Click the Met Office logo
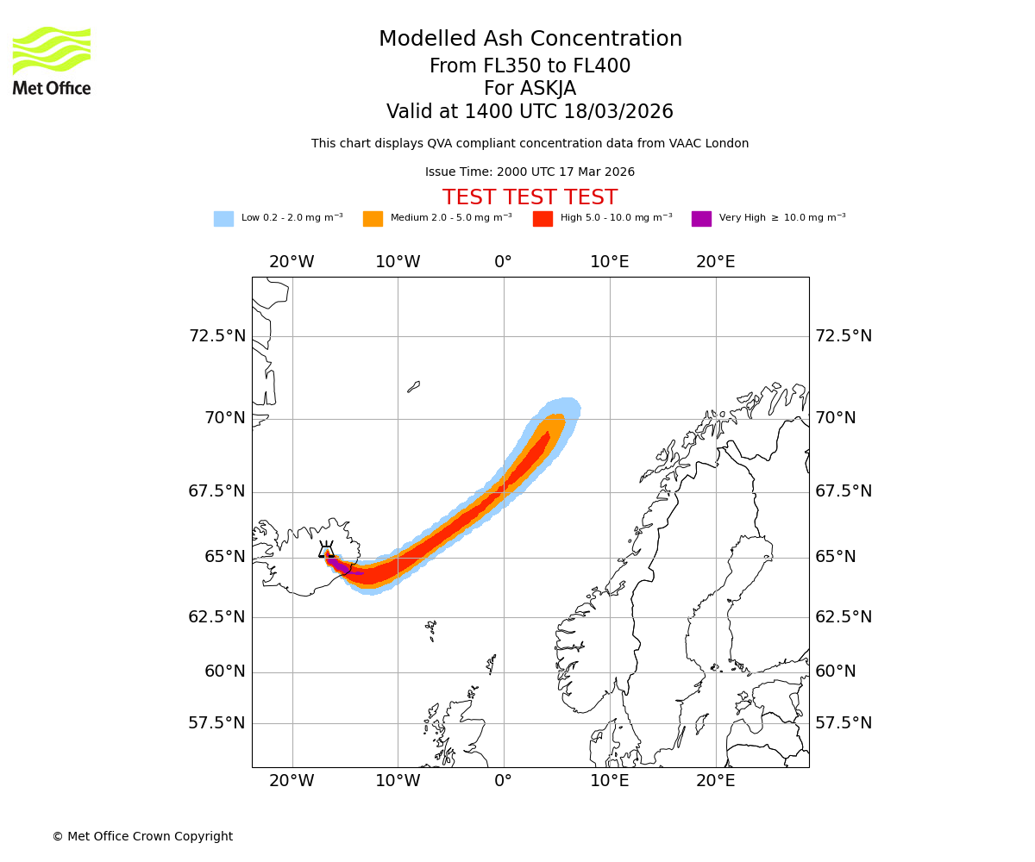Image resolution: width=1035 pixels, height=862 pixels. [x=52, y=60]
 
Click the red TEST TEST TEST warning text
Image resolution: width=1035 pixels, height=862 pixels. [x=530, y=197]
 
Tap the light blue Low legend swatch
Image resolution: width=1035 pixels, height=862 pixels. [x=223, y=219]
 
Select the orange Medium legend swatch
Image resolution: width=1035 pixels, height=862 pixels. [x=373, y=219]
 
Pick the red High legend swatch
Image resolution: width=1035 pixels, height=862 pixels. [x=543, y=219]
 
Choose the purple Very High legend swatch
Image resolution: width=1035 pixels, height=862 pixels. [x=701, y=219]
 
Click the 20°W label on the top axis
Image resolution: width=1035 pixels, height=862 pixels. [x=292, y=262]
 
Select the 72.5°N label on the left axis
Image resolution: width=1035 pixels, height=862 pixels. [x=217, y=335]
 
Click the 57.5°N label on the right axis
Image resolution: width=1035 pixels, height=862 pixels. [x=844, y=722]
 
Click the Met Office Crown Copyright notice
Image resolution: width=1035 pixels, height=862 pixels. [x=142, y=836]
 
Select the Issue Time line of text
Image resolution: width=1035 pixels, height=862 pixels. [x=530, y=172]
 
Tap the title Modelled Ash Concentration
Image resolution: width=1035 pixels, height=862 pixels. [x=530, y=39]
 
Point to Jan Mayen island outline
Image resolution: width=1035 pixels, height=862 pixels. [x=414, y=387]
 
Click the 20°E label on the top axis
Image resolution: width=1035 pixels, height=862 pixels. [x=716, y=262]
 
